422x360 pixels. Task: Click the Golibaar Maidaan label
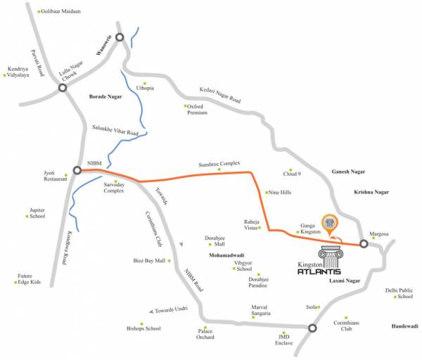[x=61, y=12]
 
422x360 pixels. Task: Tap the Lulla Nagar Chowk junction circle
[x=63, y=89]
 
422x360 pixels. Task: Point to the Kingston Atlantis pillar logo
[x=330, y=256]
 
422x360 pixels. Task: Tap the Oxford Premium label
[x=198, y=110]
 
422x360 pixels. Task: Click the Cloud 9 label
[x=292, y=173]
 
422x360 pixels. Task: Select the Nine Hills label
[x=279, y=193]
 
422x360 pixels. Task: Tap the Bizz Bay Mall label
[x=150, y=260]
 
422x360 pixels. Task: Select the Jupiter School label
[x=37, y=213]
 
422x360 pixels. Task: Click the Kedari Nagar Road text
[x=220, y=96]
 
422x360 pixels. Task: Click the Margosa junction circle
[x=364, y=244]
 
